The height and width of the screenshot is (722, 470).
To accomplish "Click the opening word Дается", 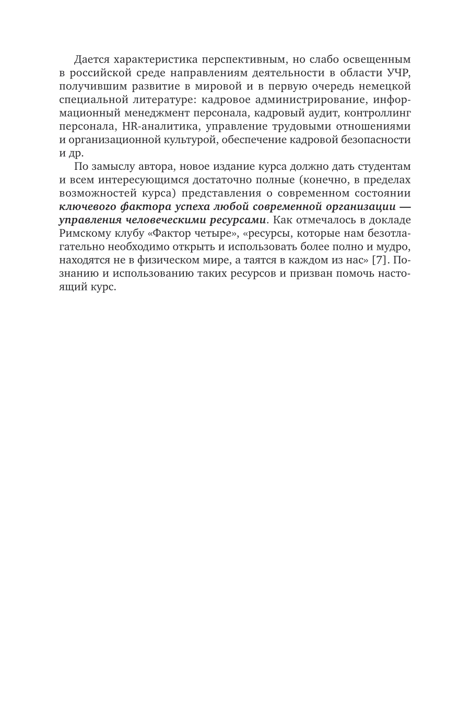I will click(91, 58).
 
